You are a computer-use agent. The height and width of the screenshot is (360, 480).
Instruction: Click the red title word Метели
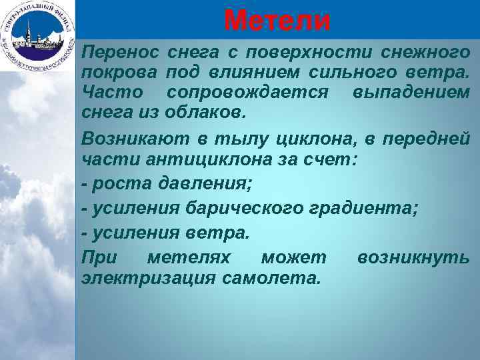tap(277, 20)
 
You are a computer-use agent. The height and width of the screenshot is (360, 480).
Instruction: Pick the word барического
tap(245, 209)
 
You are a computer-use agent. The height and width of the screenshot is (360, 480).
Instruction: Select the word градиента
tap(363, 209)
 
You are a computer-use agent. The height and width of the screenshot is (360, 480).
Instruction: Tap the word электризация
tap(147, 277)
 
